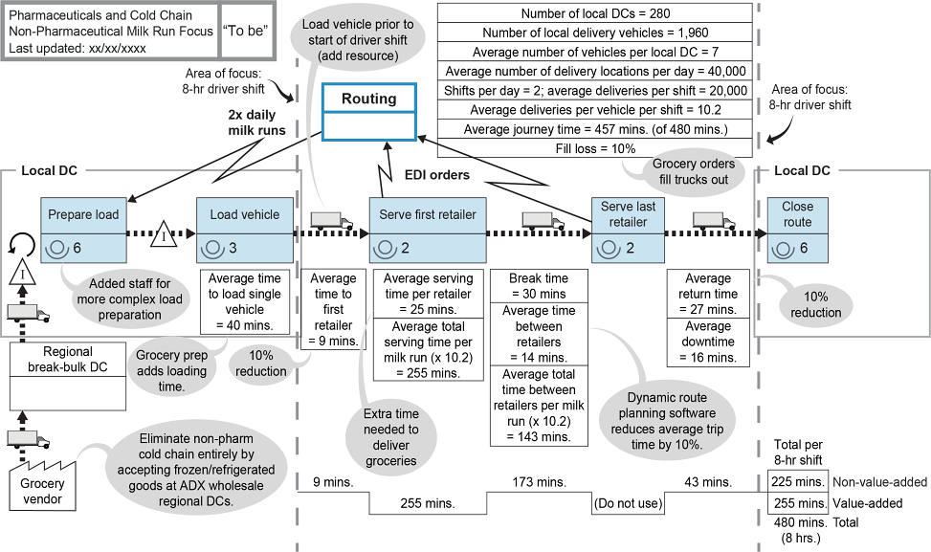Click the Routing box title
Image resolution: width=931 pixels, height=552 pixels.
coord(368,99)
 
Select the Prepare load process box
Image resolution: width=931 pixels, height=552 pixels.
coord(83,231)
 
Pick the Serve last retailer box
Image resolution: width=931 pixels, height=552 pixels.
coord(624,231)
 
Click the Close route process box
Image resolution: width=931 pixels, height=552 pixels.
coord(796,231)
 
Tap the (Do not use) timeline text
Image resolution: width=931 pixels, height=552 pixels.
coord(627,502)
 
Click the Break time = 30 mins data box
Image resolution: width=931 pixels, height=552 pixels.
coord(539,286)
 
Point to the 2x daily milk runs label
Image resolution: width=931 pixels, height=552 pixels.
coord(256,121)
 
